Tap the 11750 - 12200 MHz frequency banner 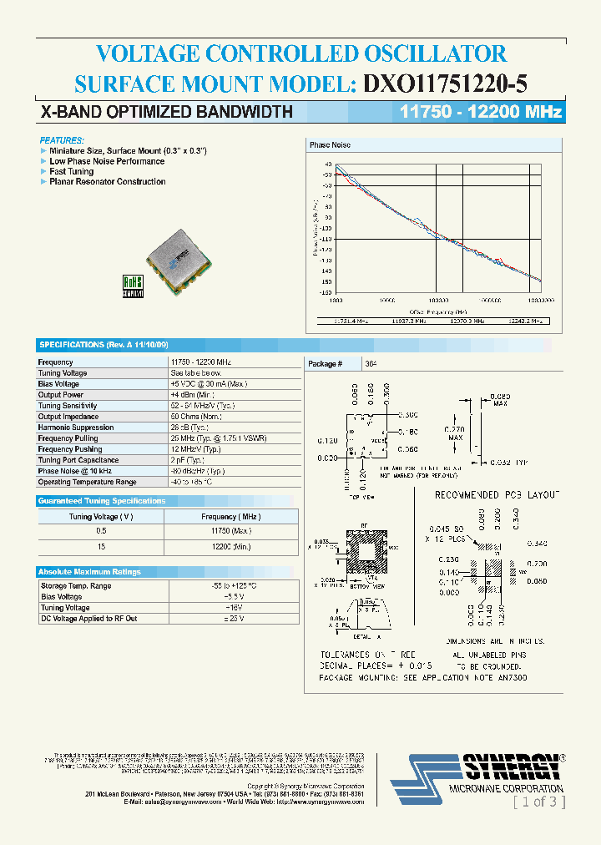tap(481, 112)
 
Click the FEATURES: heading tap(62, 140)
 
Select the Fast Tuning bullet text tap(72, 171)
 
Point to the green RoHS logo tap(134, 286)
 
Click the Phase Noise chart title tap(330, 145)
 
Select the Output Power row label tap(61, 395)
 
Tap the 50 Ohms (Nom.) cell tap(197, 417)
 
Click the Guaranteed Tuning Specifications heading tap(102, 501)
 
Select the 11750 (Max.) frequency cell tap(231, 531)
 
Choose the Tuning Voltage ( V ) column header tap(101, 517)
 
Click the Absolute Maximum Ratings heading tap(89, 572)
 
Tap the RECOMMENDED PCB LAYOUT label tap(497, 495)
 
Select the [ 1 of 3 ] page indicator tap(538, 802)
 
